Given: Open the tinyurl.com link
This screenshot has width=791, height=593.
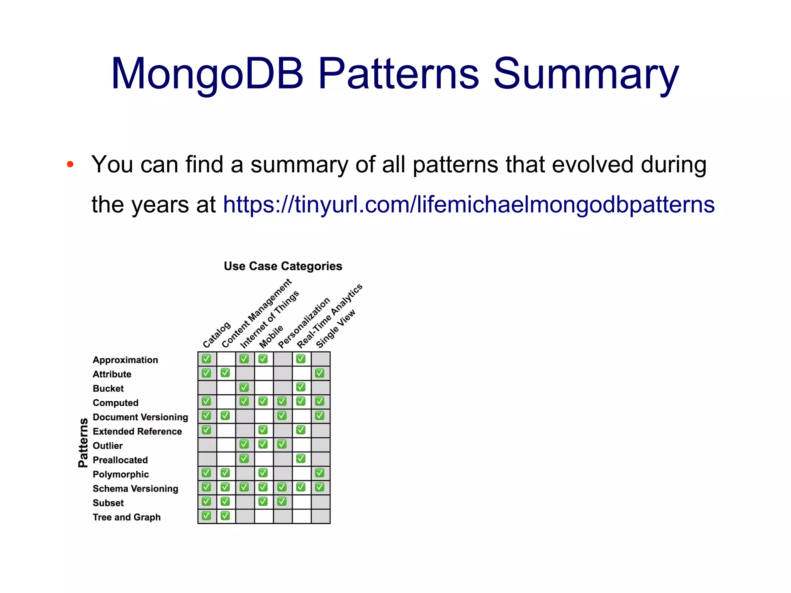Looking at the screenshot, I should [x=468, y=204].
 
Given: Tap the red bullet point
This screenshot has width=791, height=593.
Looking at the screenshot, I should [x=70, y=165].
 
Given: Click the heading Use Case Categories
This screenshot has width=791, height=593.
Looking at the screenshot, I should [x=283, y=266].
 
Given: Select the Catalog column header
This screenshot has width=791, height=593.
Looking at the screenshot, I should [x=216, y=335].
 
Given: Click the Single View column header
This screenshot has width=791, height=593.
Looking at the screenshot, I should [x=335, y=329].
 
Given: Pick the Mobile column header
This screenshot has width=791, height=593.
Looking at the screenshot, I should [x=271, y=336].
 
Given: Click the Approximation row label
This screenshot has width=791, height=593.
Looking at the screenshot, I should [x=125, y=360].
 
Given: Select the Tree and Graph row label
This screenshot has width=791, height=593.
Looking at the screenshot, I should [x=126, y=517].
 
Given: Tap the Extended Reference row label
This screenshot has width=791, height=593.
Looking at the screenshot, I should [x=137, y=432].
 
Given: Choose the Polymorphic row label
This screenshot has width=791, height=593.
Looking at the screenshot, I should [x=121, y=474].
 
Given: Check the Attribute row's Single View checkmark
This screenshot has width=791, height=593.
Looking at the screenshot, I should [x=320, y=373].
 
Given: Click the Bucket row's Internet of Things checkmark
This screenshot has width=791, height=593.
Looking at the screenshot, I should [x=244, y=387].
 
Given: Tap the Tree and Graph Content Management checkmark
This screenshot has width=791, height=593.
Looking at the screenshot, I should [x=225, y=516].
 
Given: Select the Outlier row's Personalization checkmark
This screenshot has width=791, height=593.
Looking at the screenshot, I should [x=282, y=444].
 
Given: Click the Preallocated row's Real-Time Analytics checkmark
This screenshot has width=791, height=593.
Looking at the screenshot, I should [x=301, y=459].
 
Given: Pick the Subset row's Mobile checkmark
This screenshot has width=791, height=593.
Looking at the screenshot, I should [x=263, y=501].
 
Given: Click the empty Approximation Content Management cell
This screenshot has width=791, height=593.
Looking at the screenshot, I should [x=226, y=359].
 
